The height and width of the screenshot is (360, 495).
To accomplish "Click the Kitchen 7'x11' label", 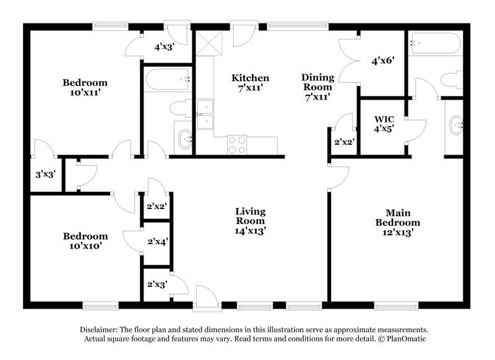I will coord(250,83).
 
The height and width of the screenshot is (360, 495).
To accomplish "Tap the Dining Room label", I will coord(317,87).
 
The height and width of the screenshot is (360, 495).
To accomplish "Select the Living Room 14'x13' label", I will coord(250,221).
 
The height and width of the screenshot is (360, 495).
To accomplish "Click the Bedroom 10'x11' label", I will coord(85,87).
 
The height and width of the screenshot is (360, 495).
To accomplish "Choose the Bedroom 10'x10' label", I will coord(85,241).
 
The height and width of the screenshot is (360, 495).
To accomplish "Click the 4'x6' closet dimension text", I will coord(382,61).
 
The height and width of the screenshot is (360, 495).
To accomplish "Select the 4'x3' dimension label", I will coord(164,46).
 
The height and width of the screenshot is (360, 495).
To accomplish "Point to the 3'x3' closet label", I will coord(45,175).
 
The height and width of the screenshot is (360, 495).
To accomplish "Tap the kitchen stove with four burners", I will coord(237,145).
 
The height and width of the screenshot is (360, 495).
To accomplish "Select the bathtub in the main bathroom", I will coord(434,44).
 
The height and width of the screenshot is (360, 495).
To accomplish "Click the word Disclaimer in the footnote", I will coord(101,330).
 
